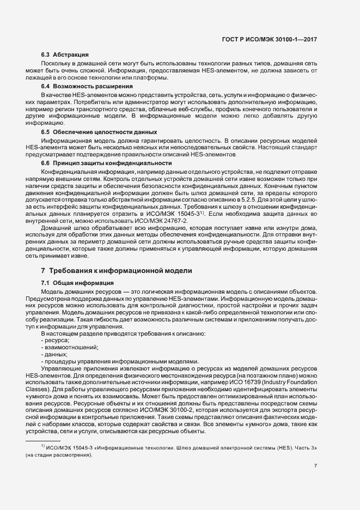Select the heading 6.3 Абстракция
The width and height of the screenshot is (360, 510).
(x=65, y=54)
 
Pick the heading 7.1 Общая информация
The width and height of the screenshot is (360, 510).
(x=77, y=283)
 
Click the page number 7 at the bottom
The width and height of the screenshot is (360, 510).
(x=316, y=466)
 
